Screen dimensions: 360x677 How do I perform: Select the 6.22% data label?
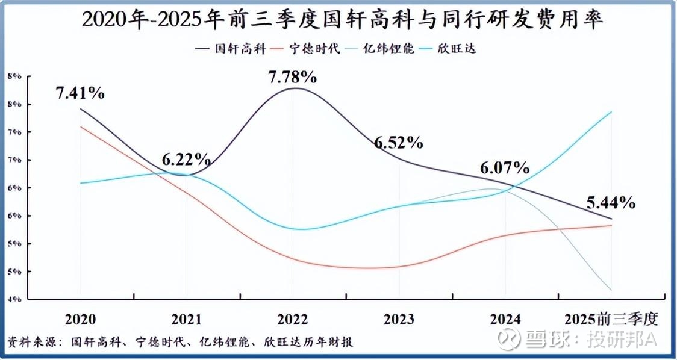[186, 160]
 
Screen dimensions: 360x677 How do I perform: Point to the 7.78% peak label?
[292, 76]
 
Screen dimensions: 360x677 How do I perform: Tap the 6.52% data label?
[399, 143]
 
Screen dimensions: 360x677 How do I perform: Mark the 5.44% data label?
[611, 203]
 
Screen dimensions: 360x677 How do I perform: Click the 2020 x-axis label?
[80, 318]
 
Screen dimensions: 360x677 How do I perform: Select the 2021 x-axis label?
[187, 318]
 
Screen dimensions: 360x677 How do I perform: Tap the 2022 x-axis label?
[293, 318]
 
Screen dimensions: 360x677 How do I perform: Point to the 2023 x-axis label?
[399, 318]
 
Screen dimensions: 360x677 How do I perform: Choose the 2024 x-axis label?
[505, 318]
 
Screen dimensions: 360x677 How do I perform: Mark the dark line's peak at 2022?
[294, 88]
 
